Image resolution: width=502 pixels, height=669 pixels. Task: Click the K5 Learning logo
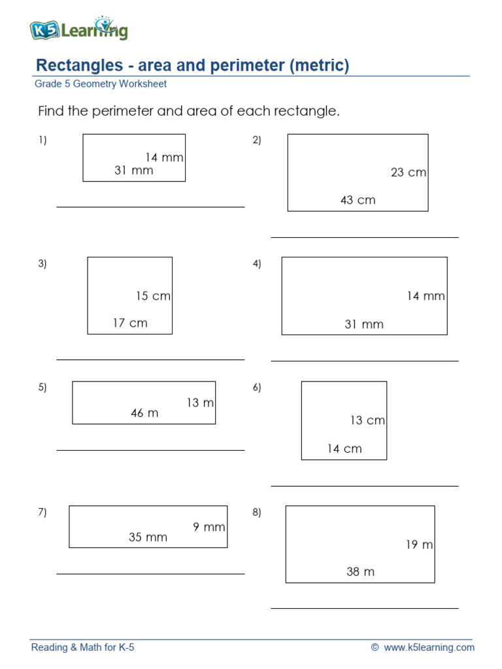[x=78, y=29]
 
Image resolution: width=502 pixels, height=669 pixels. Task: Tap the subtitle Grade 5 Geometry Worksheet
[x=101, y=84]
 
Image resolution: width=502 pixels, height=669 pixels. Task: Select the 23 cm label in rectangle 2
[x=409, y=172]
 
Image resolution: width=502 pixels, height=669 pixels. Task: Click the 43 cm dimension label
[x=358, y=200]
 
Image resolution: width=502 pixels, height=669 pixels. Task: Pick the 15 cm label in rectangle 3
[x=153, y=296]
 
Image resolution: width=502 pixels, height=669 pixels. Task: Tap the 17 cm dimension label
[x=130, y=323]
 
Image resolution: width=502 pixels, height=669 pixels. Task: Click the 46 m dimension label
[x=144, y=413]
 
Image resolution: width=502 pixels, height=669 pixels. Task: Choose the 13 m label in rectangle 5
[x=200, y=403]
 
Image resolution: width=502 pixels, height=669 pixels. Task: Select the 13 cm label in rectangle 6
[x=367, y=421]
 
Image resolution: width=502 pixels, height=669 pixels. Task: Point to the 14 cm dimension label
[x=344, y=449]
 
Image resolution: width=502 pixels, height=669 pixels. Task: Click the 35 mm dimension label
[x=148, y=538]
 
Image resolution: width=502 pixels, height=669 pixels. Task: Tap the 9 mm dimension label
[x=209, y=527]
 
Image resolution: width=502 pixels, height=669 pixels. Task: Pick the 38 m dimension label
[x=360, y=572]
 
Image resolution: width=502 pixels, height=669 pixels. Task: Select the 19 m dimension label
[x=419, y=545]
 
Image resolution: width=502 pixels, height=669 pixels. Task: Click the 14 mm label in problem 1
[x=164, y=157]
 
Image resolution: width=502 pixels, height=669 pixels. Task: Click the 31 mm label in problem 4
[x=364, y=324]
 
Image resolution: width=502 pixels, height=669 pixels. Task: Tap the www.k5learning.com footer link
[x=429, y=647]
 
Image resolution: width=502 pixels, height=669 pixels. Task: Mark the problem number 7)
[x=42, y=512]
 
